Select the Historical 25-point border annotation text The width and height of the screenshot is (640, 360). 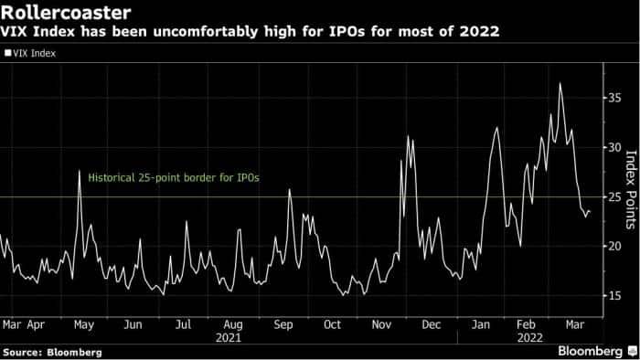(169, 178)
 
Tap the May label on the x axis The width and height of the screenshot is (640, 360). (82, 323)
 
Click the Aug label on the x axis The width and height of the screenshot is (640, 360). (232, 323)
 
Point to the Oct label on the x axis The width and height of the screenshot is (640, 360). (332, 323)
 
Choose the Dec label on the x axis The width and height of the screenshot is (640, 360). (432, 323)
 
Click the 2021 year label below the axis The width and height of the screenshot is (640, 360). (232, 336)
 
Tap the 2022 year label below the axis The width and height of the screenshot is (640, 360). (530, 336)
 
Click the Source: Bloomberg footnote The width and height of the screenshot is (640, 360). (52, 352)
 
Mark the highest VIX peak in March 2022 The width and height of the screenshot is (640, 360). (560, 84)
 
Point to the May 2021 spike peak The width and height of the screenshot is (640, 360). (80, 171)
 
